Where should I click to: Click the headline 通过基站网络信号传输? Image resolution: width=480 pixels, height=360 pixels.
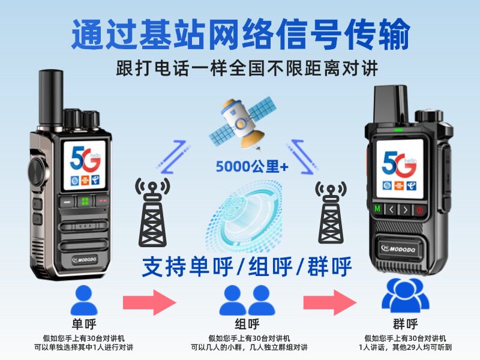tap(240, 35)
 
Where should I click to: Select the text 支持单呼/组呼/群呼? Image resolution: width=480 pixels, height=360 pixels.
tap(246, 266)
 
